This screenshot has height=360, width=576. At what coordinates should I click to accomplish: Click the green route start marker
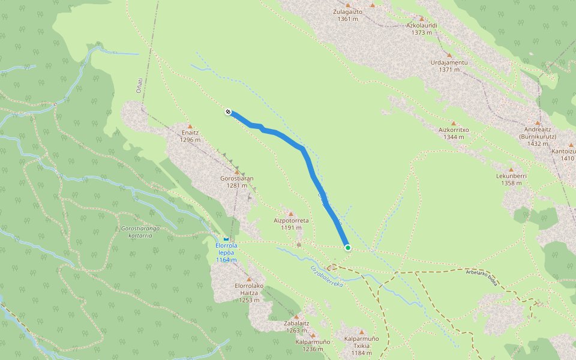point(347,247)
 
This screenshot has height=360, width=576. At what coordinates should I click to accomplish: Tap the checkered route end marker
point(228,112)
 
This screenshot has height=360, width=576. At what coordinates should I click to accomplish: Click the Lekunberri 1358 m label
point(511,179)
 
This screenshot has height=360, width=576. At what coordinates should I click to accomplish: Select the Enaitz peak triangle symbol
point(190,126)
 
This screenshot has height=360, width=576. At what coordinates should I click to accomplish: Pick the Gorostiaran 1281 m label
point(237,182)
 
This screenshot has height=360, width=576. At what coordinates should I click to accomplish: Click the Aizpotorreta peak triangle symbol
point(291,214)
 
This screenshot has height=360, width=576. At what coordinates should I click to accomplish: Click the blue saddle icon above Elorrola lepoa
point(226,239)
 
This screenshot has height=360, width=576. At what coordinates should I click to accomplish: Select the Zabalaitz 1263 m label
point(296,326)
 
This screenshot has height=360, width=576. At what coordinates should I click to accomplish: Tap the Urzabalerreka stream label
point(326,275)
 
